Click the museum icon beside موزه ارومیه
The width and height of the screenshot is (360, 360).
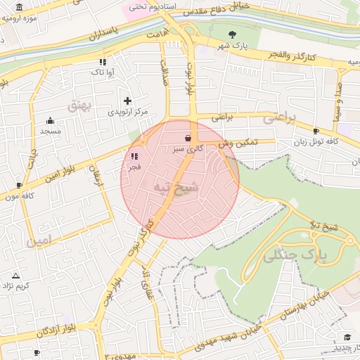coord(18,8)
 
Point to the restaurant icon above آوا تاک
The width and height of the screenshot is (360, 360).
coord(103,62)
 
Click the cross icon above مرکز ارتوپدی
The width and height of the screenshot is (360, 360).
coord(127,101)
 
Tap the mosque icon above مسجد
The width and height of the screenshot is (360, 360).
coord(51,120)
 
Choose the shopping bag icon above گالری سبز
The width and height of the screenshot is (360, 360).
coord(187,139)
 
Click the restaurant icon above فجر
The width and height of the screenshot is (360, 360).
coord(134,157)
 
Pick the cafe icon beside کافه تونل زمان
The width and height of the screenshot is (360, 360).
coord(316,131)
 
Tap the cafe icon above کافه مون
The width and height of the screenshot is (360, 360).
coord(19,185)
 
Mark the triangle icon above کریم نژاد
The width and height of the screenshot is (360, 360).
coord(15,275)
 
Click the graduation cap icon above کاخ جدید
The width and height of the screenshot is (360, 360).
coord(347,337)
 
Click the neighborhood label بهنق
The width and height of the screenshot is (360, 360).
coord(79,105)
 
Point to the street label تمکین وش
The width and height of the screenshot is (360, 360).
coord(238,142)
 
